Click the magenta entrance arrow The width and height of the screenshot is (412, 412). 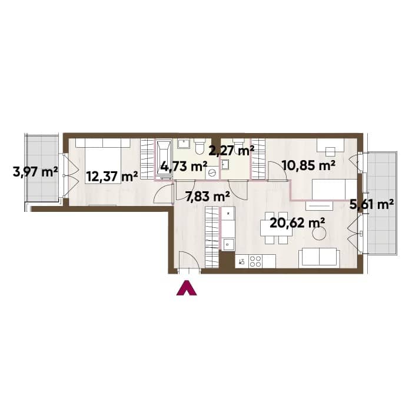coord(187,288)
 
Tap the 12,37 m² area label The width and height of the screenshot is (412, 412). coord(112,177)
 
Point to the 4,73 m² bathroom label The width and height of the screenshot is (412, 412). coord(184,167)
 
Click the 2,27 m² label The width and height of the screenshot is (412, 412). coord(231,151)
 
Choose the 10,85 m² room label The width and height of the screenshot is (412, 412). coord(308,165)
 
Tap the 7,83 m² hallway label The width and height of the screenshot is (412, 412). coord(208,196)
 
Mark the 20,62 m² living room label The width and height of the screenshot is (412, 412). coord(297,224)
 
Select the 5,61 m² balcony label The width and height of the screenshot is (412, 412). coord(371,204)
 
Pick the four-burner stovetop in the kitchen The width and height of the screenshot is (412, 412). coord(255,261)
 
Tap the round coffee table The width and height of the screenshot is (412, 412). coord(320,233)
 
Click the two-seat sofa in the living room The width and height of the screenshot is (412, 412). coord(319,257)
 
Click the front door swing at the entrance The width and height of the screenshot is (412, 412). coord(189,260)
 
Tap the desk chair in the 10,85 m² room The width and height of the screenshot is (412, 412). coord(330,152)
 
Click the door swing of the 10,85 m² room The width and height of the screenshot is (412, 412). coord(277,171)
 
